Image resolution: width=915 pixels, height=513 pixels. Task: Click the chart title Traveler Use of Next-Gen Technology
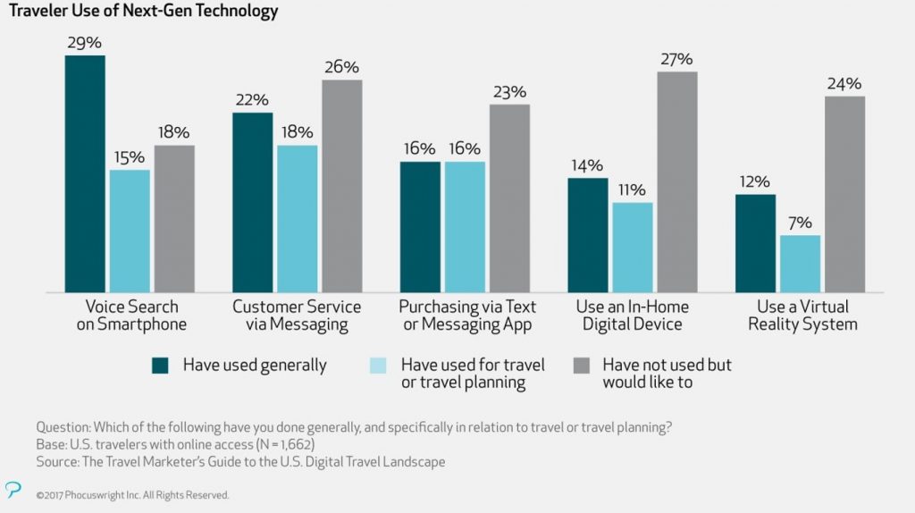click(143, 12)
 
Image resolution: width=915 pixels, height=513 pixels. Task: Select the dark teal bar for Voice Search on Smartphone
click(85, 174)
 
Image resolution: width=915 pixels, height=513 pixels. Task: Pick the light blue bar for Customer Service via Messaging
click(297, 219)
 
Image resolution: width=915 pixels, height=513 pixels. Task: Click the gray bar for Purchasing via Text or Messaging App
click(509, 198)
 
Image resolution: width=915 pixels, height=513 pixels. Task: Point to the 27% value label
click(676, 59)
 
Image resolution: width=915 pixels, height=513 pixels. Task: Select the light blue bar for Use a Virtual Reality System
click(800, 264)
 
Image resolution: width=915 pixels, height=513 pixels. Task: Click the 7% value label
click(800, 223)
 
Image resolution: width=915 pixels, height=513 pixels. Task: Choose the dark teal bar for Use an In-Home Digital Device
click(588, 235)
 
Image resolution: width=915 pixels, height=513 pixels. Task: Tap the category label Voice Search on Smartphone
click(130, 315)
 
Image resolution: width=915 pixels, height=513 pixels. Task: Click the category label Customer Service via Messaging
click(297, 315)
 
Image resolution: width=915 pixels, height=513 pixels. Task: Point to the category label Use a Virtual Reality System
click(802, 315)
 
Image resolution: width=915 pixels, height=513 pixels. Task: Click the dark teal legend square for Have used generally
click(160, 365)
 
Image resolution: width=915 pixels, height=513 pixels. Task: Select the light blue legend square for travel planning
click(376, 365)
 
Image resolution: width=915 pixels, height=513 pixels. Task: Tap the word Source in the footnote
click(58, 461)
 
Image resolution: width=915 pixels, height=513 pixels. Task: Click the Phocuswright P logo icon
click(13, 489)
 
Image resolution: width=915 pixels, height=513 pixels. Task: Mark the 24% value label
click(844, 84)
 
